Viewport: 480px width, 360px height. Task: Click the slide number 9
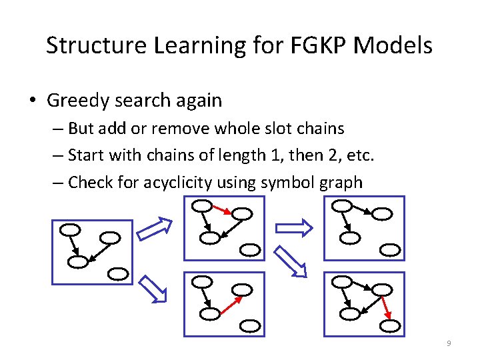449,343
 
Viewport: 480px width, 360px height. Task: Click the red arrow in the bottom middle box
229,304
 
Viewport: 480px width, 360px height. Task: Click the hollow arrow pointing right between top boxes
294,228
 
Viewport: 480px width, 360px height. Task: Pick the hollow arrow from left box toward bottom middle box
153,291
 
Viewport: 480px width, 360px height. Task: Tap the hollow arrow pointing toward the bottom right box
292,261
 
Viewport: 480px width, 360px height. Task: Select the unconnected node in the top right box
391,250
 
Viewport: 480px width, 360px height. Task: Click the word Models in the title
393,45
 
